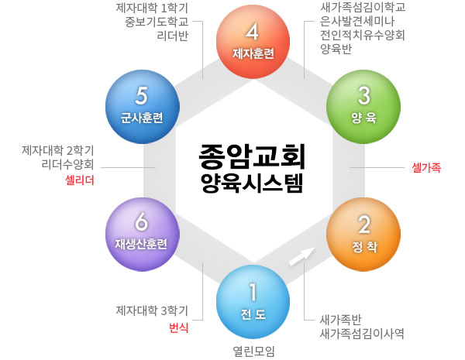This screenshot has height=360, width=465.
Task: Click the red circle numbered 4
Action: click(x=253, y=42)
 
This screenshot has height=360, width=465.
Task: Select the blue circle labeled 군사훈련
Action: click(x=143, y=107)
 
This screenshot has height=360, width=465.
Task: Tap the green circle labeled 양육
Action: click(x=363, y=107)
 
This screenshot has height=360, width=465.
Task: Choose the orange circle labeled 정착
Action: click(x=363, y=234)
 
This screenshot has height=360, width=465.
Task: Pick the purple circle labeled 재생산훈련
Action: click(x=143, y=234)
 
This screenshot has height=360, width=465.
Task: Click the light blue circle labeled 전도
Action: click(x=253, y=302)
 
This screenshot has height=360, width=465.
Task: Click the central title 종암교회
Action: click(x=252, y=156)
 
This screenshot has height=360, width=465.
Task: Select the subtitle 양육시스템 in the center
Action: click(x=252, y=183)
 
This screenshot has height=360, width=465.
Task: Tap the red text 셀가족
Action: click(x=426, y=168)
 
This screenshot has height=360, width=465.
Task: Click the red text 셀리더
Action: click(x=80, y=180)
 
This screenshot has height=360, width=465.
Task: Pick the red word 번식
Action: click(x=178, y=327)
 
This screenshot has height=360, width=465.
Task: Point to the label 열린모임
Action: click(x=253, y=351)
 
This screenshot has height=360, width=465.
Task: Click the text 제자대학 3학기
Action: click(x=152, y=310)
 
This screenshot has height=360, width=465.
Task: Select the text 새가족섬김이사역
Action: click(x=362, y=334)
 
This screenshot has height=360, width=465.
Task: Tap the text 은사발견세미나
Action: click(x=357, y=22)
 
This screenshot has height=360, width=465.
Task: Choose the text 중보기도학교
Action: click(x=157, y=22)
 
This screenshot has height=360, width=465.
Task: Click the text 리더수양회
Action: click(x=67, y=164)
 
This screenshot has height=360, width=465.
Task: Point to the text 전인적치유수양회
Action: click(x=362, y=35)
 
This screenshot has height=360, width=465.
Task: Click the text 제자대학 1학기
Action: click(x=152, y=9)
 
